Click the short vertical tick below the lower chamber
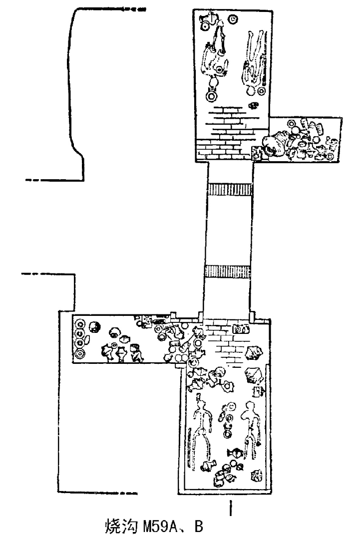(x=230, y=508)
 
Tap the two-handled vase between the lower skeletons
(x=234, y=453)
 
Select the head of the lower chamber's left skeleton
(x=201, y=398)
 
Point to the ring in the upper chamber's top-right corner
(x=233, y=20)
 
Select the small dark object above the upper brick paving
(x=254, y=105)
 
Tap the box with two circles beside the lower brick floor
(x=241, y=329)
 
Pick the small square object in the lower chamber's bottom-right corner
(x=258, y=476)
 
